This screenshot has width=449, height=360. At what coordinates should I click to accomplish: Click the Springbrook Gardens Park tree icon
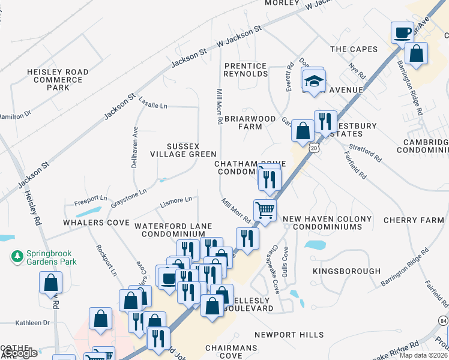click(x=16, y=257)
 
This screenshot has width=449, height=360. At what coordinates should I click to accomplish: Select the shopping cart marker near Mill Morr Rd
click(x=265, y=211)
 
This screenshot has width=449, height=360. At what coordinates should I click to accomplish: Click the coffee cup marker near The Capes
click(x=402, y=32)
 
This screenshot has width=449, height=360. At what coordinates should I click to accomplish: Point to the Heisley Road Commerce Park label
click(x=58, y=80)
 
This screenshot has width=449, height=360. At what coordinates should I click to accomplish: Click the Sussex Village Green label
click(x=191, y=150)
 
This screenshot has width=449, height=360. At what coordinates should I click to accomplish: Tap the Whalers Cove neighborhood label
click(x=96, y=223)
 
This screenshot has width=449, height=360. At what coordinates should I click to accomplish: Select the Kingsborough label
click(x=347, y=271)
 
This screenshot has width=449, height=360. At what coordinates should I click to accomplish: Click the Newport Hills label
click(x=289, y=335)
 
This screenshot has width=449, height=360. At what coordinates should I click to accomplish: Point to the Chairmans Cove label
click(x=231, y=352)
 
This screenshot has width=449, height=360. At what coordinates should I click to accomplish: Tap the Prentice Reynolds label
click(x=246, y=70)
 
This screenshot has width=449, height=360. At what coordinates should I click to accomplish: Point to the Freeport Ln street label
click(x=90, y=199)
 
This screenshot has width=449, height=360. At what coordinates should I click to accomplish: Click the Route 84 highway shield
click(x=443, y=322)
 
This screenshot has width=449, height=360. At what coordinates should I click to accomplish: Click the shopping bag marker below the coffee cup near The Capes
click(x=416, y=54)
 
